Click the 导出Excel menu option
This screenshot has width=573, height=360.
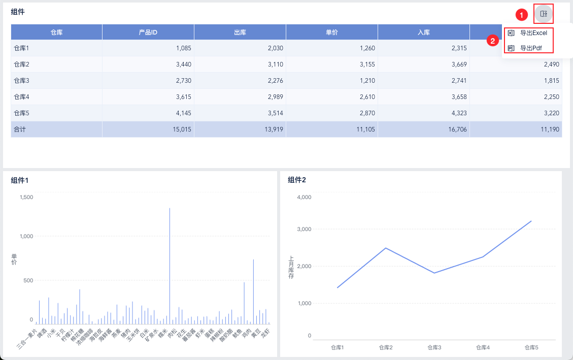point(533,32)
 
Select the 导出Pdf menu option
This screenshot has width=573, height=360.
point(531,48)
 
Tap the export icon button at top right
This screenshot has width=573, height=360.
point(543,14)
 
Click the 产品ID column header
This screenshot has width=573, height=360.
point(148,32)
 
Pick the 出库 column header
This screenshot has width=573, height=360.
point(240,32)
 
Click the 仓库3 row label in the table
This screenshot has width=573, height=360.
point(21,80)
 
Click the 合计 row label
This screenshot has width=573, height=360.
point(19,129)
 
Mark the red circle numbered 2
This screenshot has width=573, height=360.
point(492,40)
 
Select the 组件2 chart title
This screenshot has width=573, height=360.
point(297,180)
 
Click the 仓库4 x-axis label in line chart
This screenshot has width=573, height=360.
point(483,347)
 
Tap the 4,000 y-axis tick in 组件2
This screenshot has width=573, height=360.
point(303,197)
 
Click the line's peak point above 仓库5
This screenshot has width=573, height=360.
point(531,221)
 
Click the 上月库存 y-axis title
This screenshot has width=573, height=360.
point(291,267)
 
